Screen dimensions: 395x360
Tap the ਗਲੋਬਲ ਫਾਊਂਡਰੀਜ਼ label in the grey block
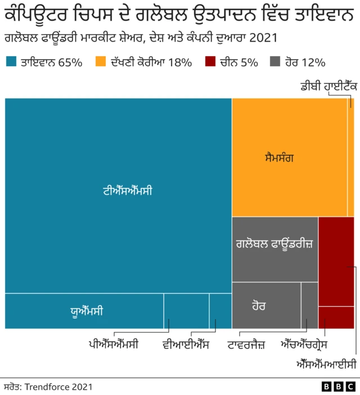(274, 245)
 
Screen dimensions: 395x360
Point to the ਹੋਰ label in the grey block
(259, 306)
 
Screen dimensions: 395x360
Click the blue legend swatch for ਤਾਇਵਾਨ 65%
(11, 62)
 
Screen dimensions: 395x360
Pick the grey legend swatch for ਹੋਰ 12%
(276, 62)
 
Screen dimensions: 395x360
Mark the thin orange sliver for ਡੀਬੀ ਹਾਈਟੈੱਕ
(350, 157)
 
